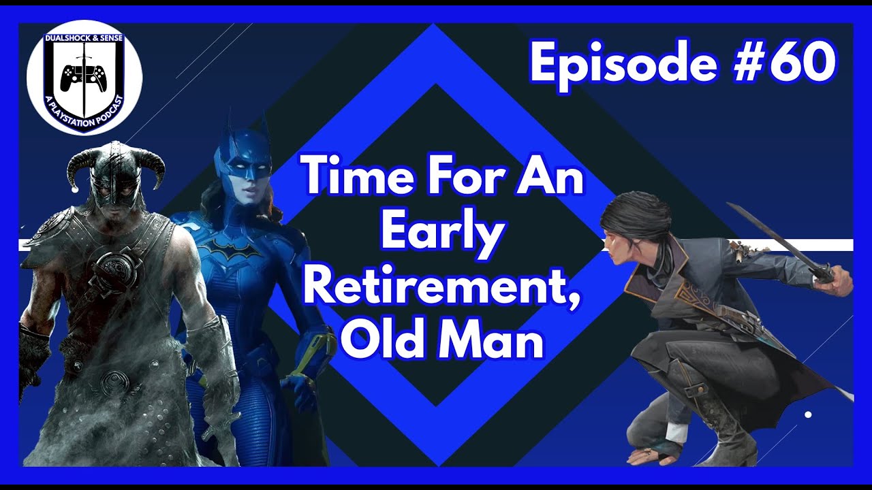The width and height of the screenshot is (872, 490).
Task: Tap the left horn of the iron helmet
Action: [x=80, y=164]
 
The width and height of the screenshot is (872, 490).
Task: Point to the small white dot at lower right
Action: [x=808, y=414]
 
